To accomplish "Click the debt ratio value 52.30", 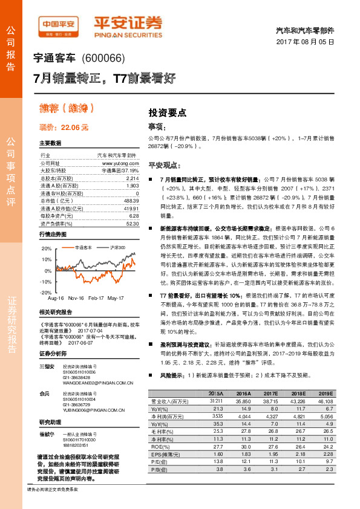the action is (132, 223).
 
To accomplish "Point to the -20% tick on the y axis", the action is (46, 292).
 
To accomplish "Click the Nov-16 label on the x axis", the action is (76, 298).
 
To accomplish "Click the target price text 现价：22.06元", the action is (64, 128).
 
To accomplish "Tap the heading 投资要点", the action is (167, 112).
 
